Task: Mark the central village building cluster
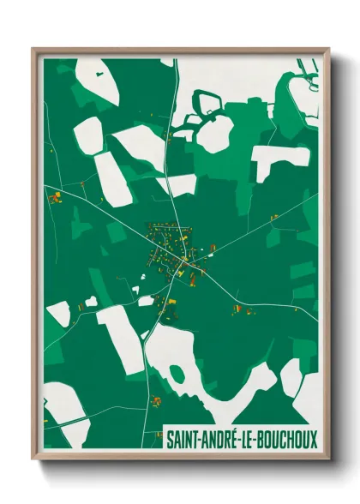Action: coord(171,249)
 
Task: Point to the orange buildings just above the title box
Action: coord(158,401)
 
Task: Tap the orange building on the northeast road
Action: coord(273,217)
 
